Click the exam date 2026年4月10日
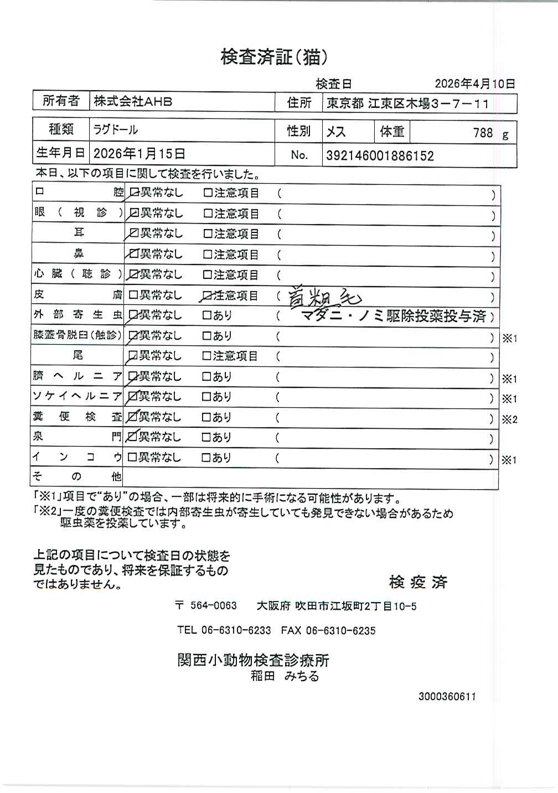click(x=474, y=84)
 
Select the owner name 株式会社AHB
click(x=133, y=102)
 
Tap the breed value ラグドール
click(x=116, y=131)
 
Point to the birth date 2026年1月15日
click(x=139, y=154)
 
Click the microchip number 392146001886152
click(x=380, y=156)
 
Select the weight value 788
click(x=483, y=133)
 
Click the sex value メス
click(x=336, y=132)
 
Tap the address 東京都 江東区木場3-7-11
click(x=407, y=103)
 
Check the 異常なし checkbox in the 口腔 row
click(x=133, y=193)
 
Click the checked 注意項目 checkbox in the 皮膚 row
click(x=208, y=296)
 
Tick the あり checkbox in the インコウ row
click(x=207, y=458)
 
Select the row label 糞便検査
click(x=77, y=417)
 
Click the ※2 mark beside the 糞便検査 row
click(x=509, y=419)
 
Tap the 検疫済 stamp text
click(x=418, y=582)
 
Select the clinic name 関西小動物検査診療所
click(x=253, y=660)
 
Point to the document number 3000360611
click(x=447, y=697)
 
